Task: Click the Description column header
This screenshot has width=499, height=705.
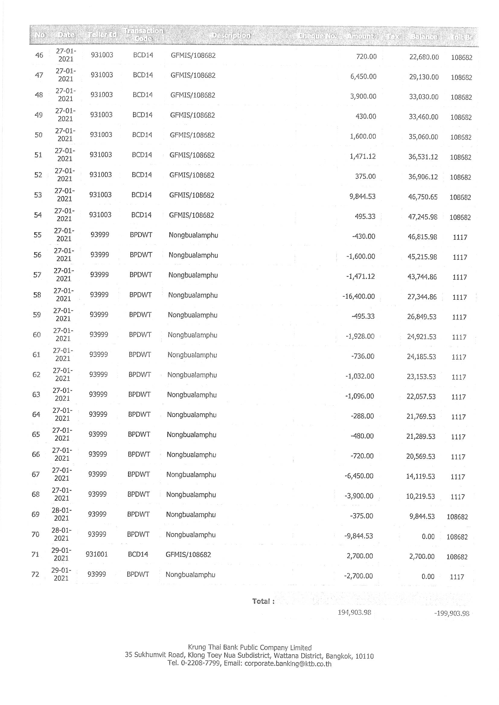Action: [x=231, y=36]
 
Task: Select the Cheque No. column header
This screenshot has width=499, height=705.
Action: [x=317, y=36]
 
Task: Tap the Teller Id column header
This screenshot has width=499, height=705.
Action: [x=102, y=35]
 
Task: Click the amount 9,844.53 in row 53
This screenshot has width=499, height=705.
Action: [x=362, y=197]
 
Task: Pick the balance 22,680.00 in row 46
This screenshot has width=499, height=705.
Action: [x=424, y=57]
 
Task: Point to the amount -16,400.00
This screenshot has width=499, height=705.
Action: [x=359, y=296]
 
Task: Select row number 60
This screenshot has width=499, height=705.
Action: [x=37, y=335]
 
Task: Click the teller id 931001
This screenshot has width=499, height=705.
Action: [x=97, y=554]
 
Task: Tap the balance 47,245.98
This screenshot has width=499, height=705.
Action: [x=422, y=217]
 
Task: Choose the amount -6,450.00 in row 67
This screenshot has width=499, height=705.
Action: [x=359, y=476]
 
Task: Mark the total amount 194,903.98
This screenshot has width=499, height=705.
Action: [x=354, y=612]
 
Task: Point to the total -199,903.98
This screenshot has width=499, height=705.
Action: [x=451, y=614]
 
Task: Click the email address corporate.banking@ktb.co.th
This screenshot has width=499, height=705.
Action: [x=288, y=664]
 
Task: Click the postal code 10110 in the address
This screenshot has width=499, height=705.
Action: [x=364, y=656]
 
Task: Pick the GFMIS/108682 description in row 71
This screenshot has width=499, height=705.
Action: [x=188, y=555]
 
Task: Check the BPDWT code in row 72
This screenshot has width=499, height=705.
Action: [x=138, y=574]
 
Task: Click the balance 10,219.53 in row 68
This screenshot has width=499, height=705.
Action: [x=420, y=496]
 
